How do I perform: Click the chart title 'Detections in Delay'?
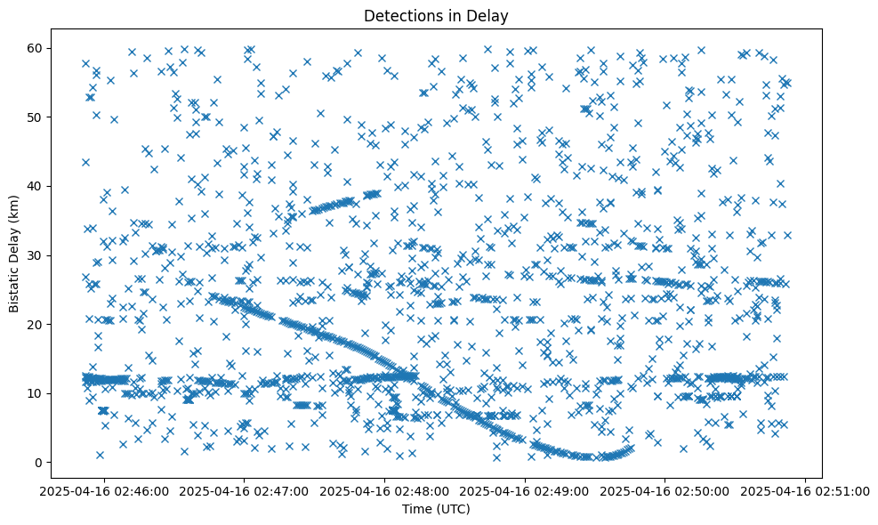point(436,15)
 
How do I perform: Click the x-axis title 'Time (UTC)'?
point(436,509)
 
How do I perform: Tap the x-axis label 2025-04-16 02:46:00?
point(105,490)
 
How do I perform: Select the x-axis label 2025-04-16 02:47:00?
point(246,490)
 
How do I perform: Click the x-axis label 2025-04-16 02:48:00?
point(385,490)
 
